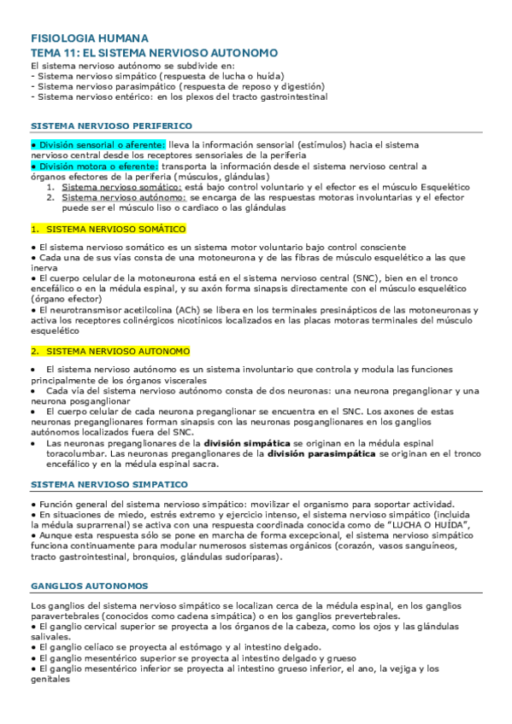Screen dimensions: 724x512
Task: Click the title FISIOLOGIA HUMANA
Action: [x=90, y=39]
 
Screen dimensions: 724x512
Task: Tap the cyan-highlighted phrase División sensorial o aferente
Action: [x=97, y=145]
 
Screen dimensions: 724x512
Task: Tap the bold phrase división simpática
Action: [x=247, y=445]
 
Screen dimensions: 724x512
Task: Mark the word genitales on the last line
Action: [x=50, y=680]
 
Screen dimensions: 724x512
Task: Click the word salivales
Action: [x=49, y=637]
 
